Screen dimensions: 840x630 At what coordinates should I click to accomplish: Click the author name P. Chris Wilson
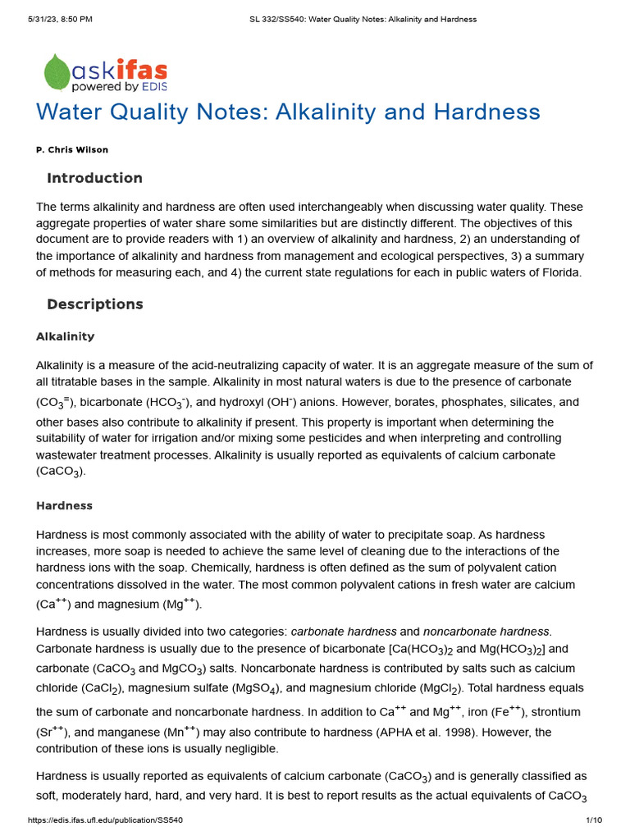[x=72, y=150]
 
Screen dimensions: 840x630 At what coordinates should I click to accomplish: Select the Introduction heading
[x=94, y=178]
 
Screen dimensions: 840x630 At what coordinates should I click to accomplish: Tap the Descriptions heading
[x=94, y=304]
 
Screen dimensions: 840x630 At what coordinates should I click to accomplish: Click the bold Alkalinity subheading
[x=66, y=336]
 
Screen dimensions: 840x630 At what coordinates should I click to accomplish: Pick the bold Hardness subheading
[x=64, y=505]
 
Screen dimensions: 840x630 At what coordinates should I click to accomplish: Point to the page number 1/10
[x=594, y=820]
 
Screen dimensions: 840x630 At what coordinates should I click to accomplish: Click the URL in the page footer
[x=105, y=820]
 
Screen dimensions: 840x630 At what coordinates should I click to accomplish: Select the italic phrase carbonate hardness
[x=343, y=631]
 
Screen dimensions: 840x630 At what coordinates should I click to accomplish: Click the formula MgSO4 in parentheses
[x=268, y=688]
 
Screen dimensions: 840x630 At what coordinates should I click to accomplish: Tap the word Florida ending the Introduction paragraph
[x=561, y=272]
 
